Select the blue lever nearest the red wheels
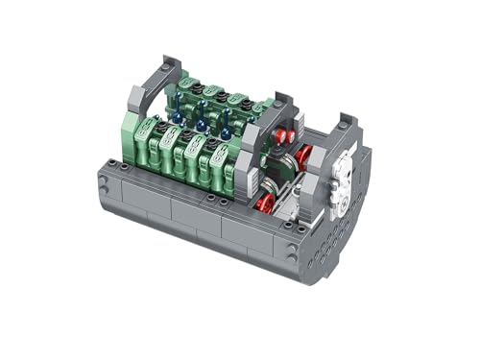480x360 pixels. pyautogui.click(x=225, y=132)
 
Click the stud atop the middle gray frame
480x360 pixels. pyautogui.click(x=278, y=100)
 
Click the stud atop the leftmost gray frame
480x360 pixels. pyautogui.click(x=167, y=65)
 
